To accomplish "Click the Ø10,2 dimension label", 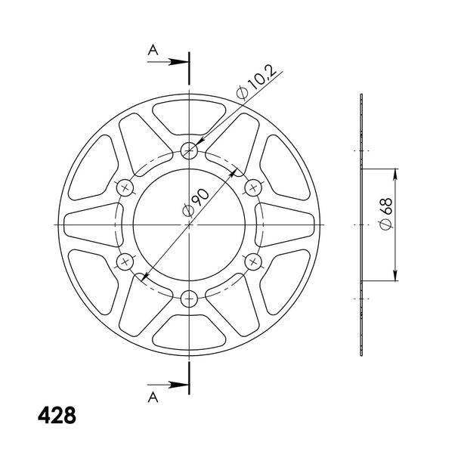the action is (x=255, y=82).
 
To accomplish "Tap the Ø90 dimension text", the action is (x=196, y=203).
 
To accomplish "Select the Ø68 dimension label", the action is (x=386, y=213).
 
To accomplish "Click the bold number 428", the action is (x=57, y=415).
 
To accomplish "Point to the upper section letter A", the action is (x=153, y=50).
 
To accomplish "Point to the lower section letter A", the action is (x=153, y=398).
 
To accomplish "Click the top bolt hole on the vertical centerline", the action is (x=189, y=150).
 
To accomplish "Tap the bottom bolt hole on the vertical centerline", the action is (x=189, y=299).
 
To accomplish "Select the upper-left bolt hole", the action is (x=125, y=187).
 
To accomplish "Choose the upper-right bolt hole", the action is (x=253, y=187).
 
